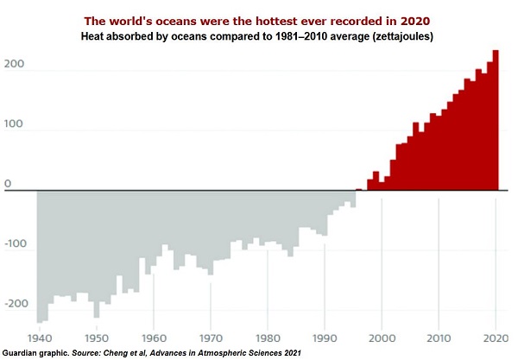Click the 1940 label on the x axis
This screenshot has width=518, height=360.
(x=38, y=338)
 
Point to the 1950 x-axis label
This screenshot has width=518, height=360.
(x=96, y=338)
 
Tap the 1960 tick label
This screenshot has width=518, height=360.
(x=153, y=338)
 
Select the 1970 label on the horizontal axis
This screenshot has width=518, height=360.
(x=211, y=338)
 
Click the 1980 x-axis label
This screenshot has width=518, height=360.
(x=268, y=338)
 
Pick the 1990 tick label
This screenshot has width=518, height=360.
(x=325, y=338)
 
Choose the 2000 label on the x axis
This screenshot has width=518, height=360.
(x=382, y=338)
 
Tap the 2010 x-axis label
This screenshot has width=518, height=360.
(x=439, y=338)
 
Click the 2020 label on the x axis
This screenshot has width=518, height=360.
(x=496, y=338)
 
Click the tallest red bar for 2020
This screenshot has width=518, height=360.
(x=496, y=121)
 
